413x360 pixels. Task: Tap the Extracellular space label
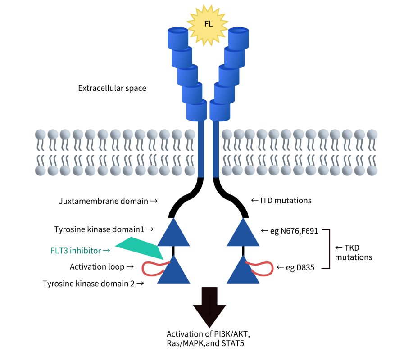click(x=112, y=88)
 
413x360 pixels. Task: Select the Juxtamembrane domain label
click(x=108, y=201)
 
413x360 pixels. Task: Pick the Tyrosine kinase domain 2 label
click(x=94, y=283)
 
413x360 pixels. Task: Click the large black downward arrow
click(x=210, y=308)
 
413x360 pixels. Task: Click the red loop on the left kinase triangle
click(x=151, y=268)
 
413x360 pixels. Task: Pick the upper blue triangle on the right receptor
click(x=243, y=233)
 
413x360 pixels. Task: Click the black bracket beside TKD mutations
click(x=330, y=249)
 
